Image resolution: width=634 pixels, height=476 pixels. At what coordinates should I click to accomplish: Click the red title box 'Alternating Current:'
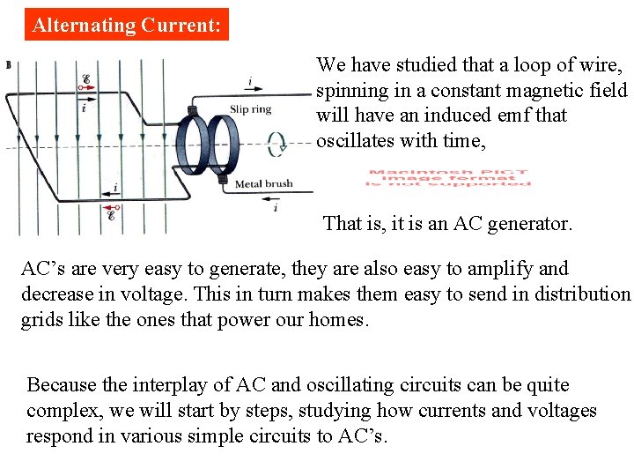pyautogui.click(x=126, y=25)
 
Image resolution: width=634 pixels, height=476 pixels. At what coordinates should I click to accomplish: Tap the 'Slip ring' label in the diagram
pyautogui.click(x=250, y=108)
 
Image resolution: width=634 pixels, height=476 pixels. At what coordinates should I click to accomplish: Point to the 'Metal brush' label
pyautogui.click(x=263, y=183)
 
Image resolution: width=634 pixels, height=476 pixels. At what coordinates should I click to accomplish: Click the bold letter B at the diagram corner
pyautogui.click(x=8, y=64)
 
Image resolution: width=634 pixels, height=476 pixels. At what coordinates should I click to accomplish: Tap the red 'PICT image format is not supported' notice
pyautogui.click(x=450, y=177)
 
